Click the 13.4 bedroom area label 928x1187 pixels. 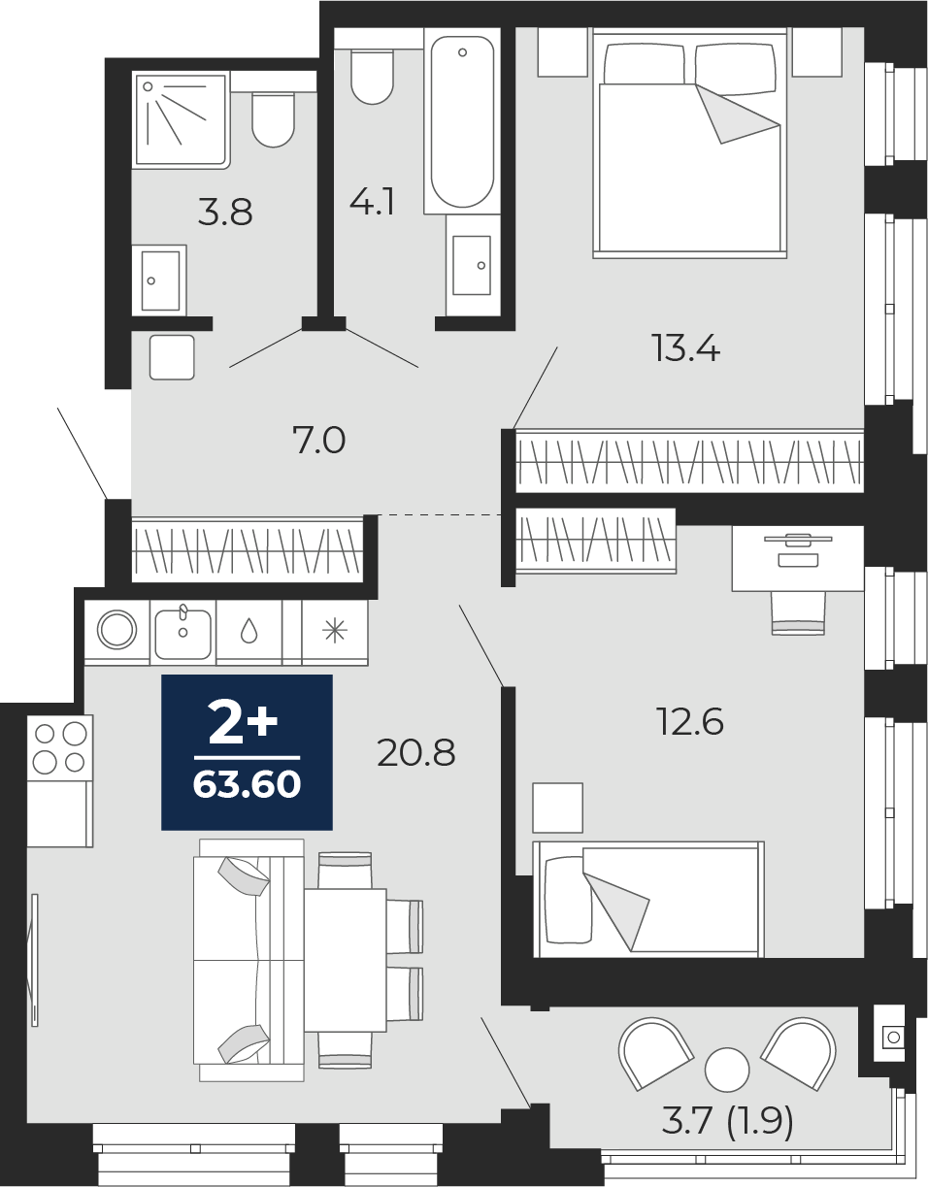(x=686, y=348)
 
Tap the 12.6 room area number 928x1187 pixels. (x=691, y=721)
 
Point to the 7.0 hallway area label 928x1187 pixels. (x=319, y=441)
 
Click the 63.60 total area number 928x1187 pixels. (x=247, y=784)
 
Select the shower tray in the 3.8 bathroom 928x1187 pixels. (x=181, y=119)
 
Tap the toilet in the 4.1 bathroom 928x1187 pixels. (x=372, y=76)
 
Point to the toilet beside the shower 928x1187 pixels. (x=273, y=118)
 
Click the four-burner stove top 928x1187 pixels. (x=60, y=747)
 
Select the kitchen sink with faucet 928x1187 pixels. (x=182, y=633)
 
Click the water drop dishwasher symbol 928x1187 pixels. (x=249, y=632)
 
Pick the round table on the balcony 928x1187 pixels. (x=727, y=1070)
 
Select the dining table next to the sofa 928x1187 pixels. (x=346, y=960)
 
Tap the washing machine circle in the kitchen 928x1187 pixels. (x=116, y=630)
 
